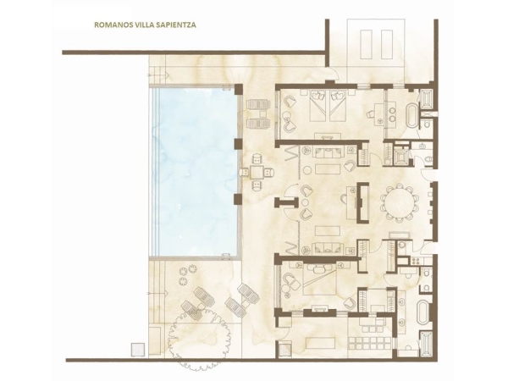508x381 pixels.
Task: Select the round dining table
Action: (x=398, y=202)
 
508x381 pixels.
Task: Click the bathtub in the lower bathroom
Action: (x=422, y=312)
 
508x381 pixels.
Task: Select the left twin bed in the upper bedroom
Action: (x=319, y=105)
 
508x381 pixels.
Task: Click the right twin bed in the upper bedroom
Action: (x=339, y=105)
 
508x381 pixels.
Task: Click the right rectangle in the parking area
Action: (x=387, y=44)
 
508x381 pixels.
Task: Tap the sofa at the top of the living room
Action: (x=328, y=152)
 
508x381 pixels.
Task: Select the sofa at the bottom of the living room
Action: (x=328, y=248)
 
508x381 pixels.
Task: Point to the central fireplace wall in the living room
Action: (x=362, y=203)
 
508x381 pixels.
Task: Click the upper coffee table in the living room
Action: (x=328, y=169)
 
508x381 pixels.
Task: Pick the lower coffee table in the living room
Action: (x=328, y=230)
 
